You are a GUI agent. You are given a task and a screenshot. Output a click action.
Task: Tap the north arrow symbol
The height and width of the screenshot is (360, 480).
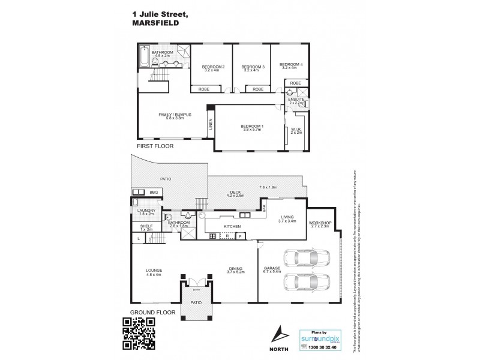point(277,332)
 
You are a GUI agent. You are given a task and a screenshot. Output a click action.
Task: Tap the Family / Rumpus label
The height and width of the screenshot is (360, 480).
point(175,115)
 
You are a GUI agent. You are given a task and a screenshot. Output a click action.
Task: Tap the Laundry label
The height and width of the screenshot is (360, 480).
point(146,211)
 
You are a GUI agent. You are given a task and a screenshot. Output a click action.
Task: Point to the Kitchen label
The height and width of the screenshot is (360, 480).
point(232,226)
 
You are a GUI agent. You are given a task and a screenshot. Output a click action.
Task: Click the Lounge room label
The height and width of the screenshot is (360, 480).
point(154,270)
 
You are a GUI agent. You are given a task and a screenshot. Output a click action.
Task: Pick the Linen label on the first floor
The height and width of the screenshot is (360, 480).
point(210,125)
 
